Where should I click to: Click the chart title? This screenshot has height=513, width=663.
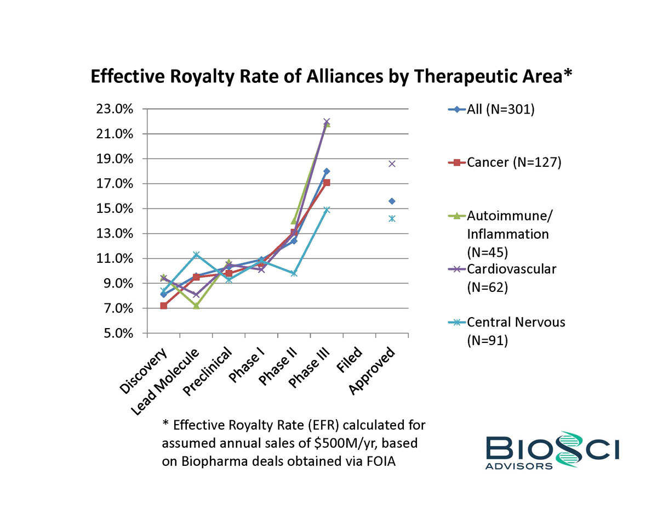pos(331,76)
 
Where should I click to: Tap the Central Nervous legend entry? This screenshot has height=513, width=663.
pos(515,322)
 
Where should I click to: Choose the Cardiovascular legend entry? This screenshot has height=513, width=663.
pos(511,269)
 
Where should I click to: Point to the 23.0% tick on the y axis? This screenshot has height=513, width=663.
pos(118,109)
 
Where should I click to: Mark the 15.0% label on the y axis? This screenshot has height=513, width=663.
pos(118,208)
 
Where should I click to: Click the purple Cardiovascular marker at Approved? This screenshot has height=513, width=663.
pos(392,164)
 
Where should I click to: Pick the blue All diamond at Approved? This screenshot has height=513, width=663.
pos(392,201)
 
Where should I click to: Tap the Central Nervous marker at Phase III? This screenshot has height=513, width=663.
pos(327,210)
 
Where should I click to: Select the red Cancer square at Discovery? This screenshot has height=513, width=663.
pos(163,306)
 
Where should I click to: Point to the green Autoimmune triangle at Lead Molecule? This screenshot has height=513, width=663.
pos(196,306)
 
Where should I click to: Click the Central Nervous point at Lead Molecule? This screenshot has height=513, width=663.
pos(196,255)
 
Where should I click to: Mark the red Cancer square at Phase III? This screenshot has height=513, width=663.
pos(327,182)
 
